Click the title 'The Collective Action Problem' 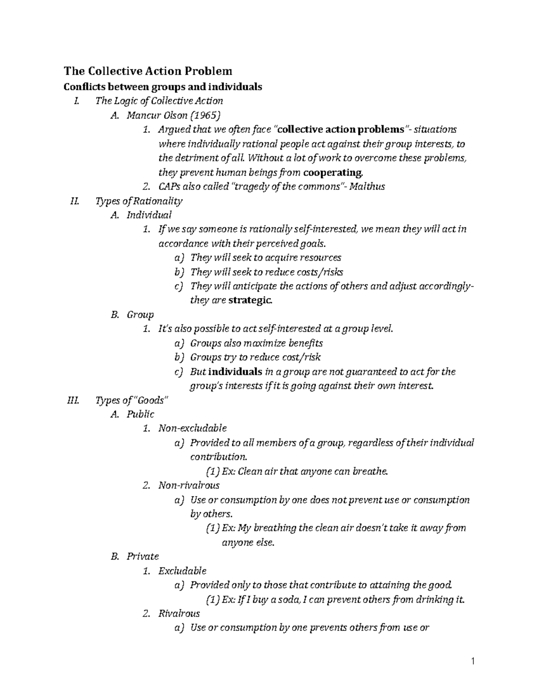[x=148, y=71]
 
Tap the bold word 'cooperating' [x=333, y=173]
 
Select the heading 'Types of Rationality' [x=139, y=201]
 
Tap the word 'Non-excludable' [x=192, y=428]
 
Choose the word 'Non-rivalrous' [x=189, y=485]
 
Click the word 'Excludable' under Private [x=182, y=571]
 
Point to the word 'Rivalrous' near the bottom [x=179, y=614]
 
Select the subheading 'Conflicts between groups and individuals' [x=163, y=87]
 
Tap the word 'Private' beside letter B [x=142, y=556]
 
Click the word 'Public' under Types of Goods [x=140, y=414]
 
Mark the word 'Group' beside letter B [x=140, y=315]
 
